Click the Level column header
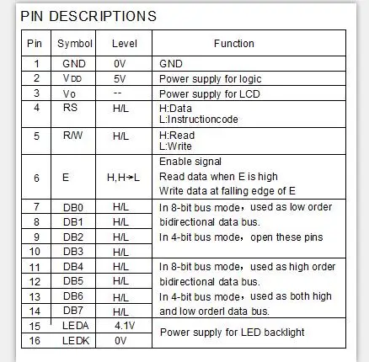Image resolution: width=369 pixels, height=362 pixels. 120,43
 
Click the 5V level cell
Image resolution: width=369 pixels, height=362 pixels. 120,78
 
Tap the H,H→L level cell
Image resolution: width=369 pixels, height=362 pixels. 120,178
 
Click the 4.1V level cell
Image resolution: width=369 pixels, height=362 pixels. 120,326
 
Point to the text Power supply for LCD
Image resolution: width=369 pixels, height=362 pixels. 204,93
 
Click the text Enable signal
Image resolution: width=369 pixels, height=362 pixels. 190,161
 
